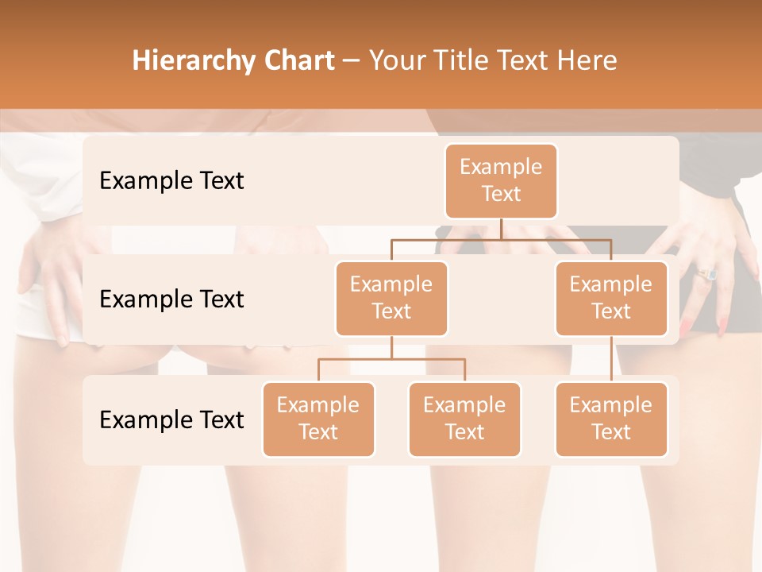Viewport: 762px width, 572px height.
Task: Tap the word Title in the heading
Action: (467, 61)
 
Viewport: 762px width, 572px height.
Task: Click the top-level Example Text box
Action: (501, 180)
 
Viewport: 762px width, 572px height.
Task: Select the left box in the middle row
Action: (391, 298)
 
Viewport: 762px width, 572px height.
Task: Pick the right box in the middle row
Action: (611, 298)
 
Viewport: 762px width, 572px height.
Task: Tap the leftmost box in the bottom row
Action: (318, 419)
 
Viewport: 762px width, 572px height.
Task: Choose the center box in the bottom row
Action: (464, 419)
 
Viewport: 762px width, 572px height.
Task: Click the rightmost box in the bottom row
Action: (611, 419)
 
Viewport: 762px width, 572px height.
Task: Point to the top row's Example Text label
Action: (171, 181)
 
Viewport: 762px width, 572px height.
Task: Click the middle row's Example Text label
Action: (171, 300)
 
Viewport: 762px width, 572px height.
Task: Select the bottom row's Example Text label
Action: (171, 419)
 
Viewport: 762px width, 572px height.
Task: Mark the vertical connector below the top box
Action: (501, 229)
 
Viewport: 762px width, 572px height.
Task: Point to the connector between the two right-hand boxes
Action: (611, 359)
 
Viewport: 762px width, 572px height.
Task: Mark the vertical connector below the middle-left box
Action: (391, 348)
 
